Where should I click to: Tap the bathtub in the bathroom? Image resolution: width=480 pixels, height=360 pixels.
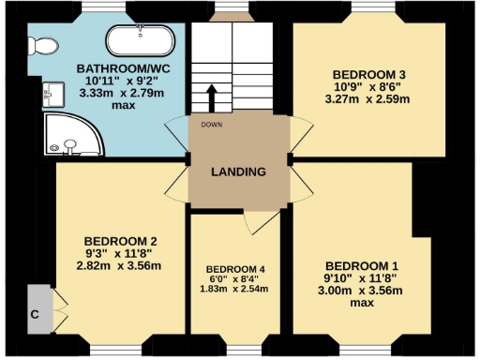pyautogui.click(x=142, y=41)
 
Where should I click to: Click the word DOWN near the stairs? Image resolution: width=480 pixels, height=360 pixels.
pyautogui.click(x=210, y=124)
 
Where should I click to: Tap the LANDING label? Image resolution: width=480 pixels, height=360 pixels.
pyautogui.click(x=238, y=172)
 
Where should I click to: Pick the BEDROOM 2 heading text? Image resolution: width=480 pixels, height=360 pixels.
pyautogui.click(x=119, y=239)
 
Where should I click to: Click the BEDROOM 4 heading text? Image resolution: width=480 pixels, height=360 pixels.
pyautogui.click(x=236, y=270)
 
